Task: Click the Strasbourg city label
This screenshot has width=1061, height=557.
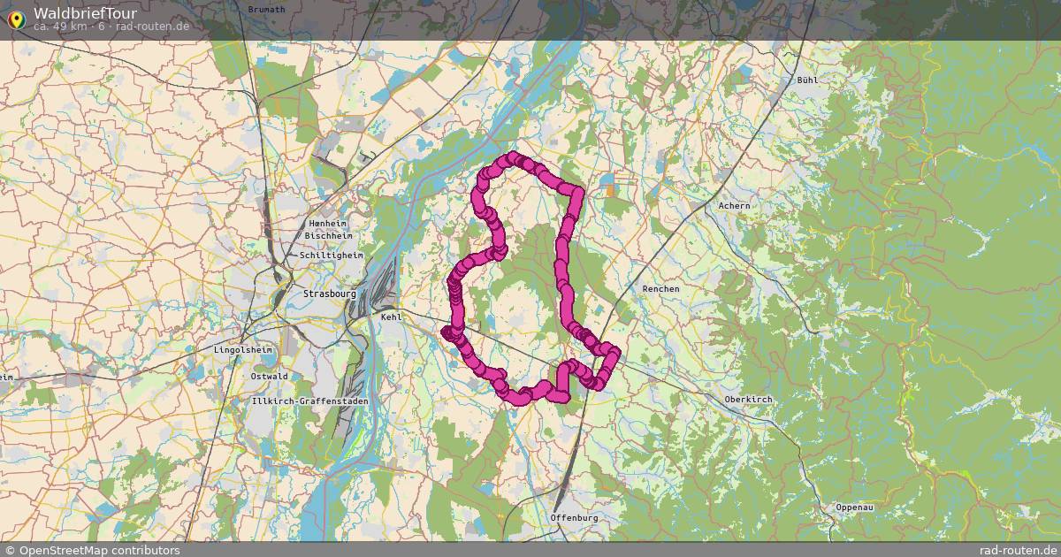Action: point(329,294)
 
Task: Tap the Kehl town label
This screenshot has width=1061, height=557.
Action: point(391,316)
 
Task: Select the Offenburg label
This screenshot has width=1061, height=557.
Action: point(574,517)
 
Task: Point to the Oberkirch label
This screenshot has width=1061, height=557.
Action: point(748,400)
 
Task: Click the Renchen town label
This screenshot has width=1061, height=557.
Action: point(660,289)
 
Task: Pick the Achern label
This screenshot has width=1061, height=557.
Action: point(734,206)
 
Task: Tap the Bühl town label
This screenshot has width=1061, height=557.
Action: point(807,80)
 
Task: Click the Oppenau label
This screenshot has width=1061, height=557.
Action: point(854,507)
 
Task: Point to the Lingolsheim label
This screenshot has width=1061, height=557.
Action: point(243,350)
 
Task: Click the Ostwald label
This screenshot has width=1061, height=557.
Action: point(269,376)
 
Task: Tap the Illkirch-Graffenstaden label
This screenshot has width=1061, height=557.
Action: point(297,401)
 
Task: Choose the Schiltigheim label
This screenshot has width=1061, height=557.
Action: point(332,256)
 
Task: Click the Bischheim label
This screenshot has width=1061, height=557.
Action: point(328,236)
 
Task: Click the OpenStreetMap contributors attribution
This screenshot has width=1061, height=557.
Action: point(92,550)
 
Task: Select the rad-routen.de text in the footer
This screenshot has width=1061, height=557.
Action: point(1019,550)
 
